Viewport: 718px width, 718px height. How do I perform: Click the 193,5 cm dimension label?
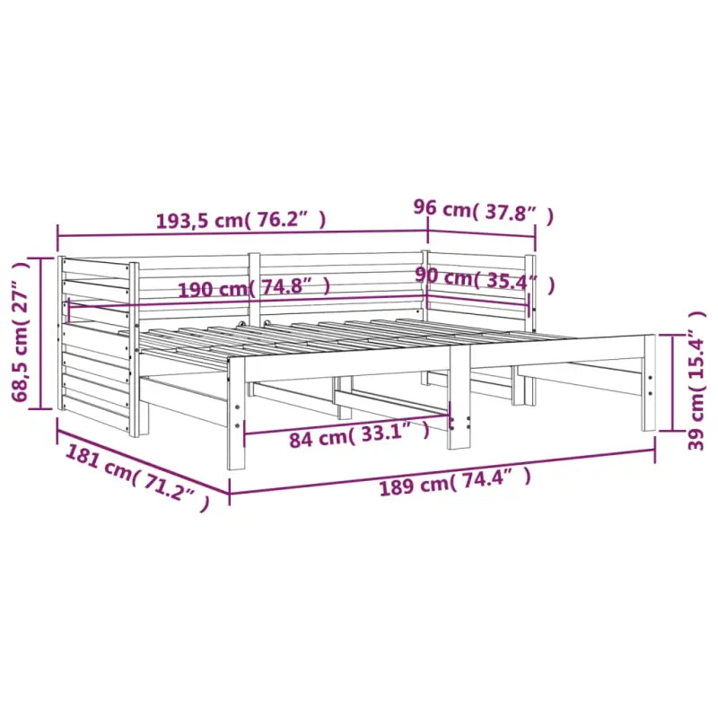point(241,220)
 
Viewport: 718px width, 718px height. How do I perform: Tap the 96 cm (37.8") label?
point(484,211)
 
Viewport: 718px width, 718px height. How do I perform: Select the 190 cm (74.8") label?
point(254,288)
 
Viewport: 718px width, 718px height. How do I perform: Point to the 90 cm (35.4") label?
point(485,279)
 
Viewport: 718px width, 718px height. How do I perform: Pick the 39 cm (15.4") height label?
point(696,381)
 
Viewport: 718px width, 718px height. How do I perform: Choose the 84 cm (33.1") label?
point(360,434)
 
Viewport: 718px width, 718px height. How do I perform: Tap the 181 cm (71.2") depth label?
point(137,477)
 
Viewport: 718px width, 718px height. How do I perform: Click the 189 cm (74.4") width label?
point(455,483)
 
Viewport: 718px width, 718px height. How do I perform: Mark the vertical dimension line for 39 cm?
point(672,383)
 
